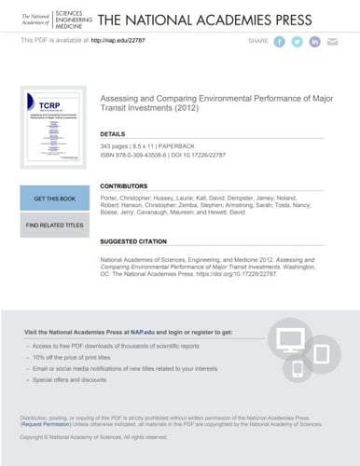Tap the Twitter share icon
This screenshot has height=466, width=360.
coord(298,42)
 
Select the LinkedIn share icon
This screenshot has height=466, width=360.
coord(315,42)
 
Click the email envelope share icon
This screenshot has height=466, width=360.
coord(333,42)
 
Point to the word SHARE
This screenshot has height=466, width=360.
coord(257,42)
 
